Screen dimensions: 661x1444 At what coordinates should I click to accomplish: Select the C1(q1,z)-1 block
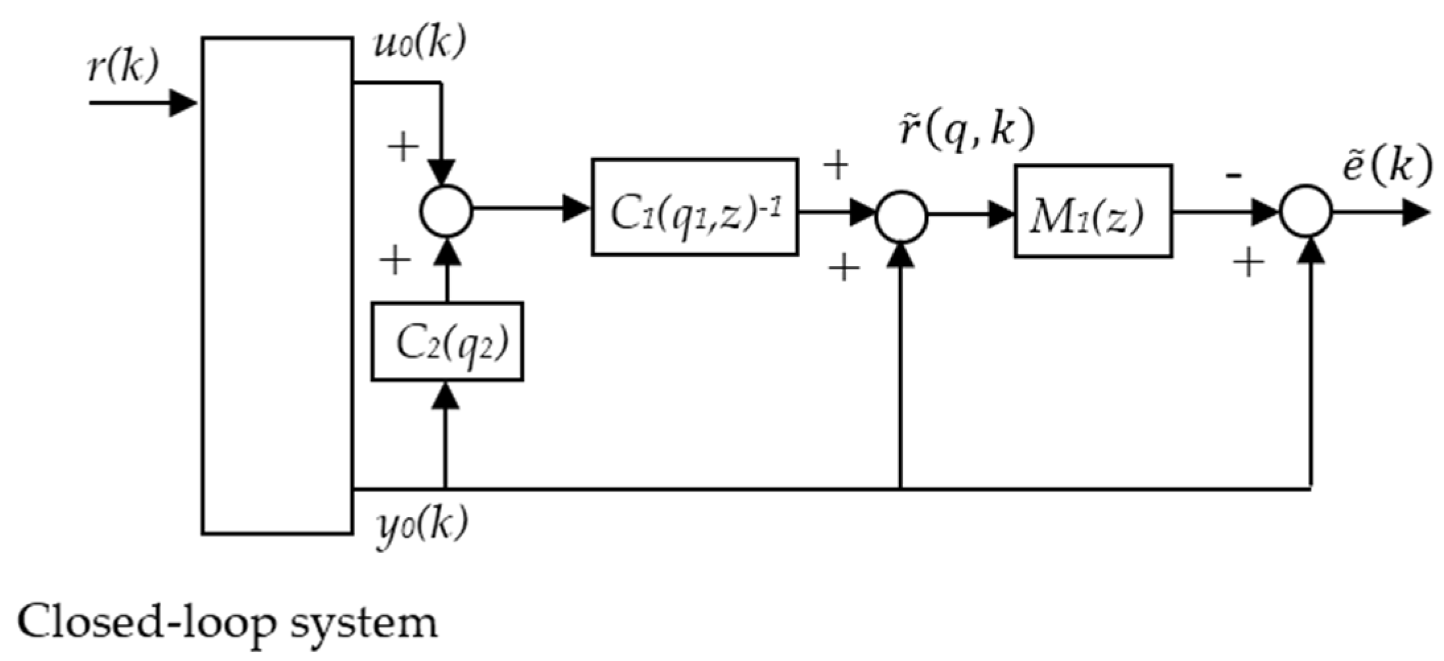click(x=694, y=207)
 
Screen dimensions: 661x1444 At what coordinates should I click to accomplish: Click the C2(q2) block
click(x=447, y=341)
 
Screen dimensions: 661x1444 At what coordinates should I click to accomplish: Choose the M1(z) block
click(x=1092, y=211)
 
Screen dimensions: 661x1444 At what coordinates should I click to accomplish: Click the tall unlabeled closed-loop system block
click(x=277, y=285)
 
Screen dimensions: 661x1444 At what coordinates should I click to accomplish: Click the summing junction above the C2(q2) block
click(x=446, y=211)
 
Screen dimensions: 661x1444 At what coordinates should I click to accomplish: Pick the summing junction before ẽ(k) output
click(x=1305, y=212)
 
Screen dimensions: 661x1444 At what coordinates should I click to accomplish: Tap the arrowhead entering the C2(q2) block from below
click(x=446, y=395)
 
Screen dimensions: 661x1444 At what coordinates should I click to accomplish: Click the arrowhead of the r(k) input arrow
click(x=183, y=103)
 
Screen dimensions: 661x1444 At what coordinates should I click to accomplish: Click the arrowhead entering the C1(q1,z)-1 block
click(x=576, y=208)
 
